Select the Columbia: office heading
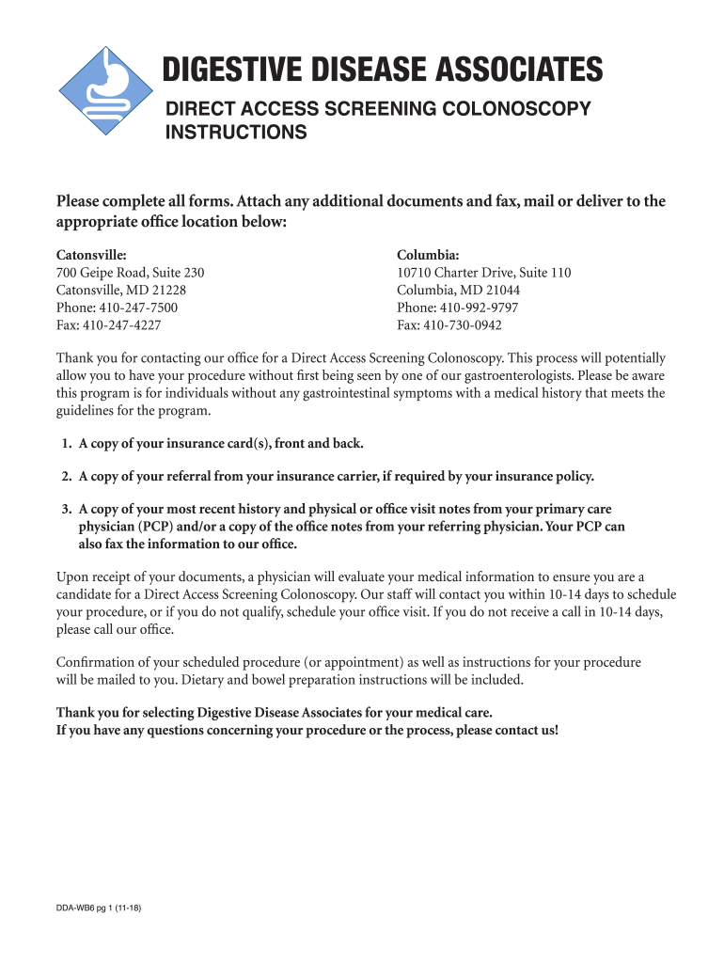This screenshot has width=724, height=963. pos(428,255)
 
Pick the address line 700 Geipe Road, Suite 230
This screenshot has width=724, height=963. pos(130,273)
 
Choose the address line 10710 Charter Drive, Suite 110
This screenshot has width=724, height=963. pos(483,273)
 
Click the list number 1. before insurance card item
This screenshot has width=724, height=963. pos(67,443)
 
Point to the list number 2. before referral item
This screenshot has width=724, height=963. pos(67,476)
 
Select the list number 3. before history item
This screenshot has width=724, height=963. pos(67,510)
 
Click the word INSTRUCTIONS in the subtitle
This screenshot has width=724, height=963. pos(236,134)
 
